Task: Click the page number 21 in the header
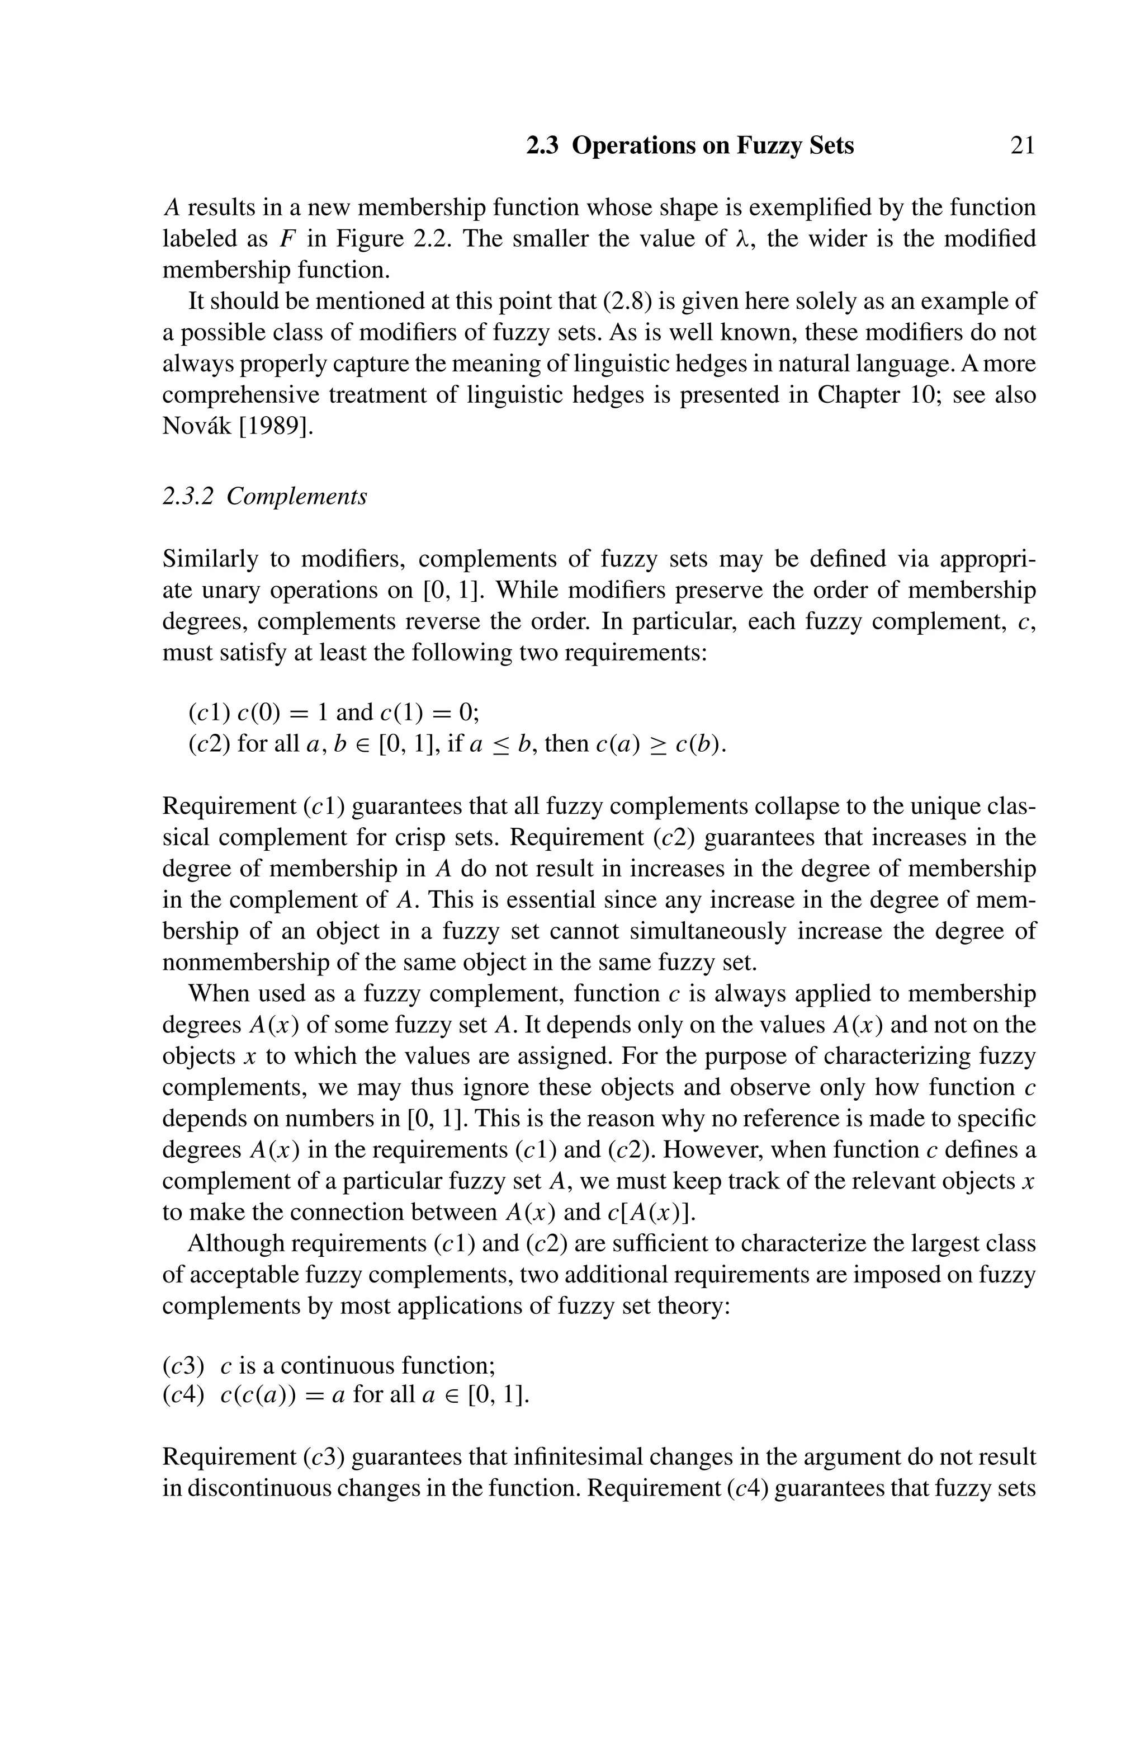click(x=1022, y=146)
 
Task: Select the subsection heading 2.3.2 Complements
click(x=264, y=497)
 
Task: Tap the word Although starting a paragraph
click(x=236, y=1244)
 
